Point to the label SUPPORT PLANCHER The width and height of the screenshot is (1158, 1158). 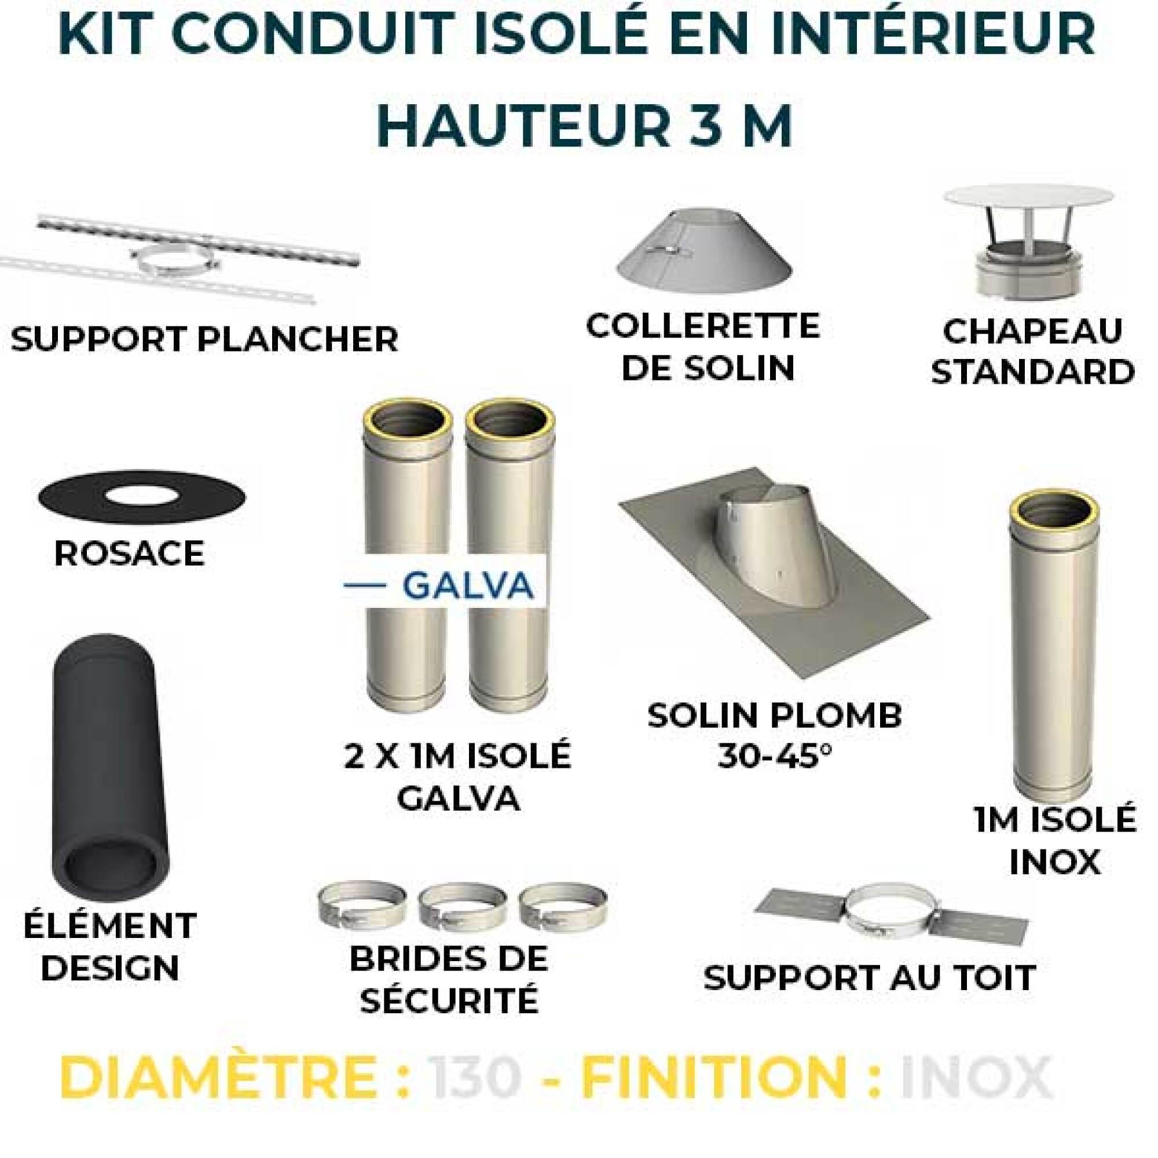click(204, 340)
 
